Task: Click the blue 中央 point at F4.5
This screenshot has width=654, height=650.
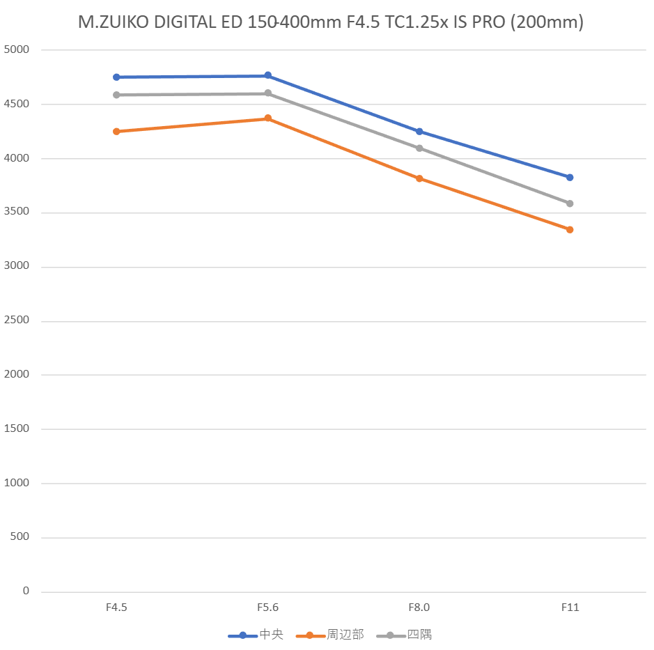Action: coord(116,77)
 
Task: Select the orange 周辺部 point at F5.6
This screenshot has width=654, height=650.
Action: coord(267,118)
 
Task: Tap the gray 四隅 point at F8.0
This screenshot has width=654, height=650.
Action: coord(419,148)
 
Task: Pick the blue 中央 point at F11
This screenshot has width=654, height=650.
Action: coord(570,178)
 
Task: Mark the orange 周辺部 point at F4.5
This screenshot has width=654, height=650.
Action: coord(116,131)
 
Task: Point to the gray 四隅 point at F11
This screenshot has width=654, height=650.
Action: coord(570,203)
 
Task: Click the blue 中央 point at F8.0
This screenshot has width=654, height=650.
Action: coord(419,132)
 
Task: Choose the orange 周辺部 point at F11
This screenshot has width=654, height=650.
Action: coord(570,229)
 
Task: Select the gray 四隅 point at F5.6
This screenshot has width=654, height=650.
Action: coord(267,93)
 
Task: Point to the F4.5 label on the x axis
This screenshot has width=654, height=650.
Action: coord(116,608)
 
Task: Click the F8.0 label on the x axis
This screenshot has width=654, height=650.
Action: coord(419,608)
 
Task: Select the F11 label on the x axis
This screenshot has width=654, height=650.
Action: coord(570,608)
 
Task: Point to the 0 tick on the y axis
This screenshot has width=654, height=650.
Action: coord(26,591)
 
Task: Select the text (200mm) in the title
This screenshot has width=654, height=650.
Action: coord(547,22)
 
